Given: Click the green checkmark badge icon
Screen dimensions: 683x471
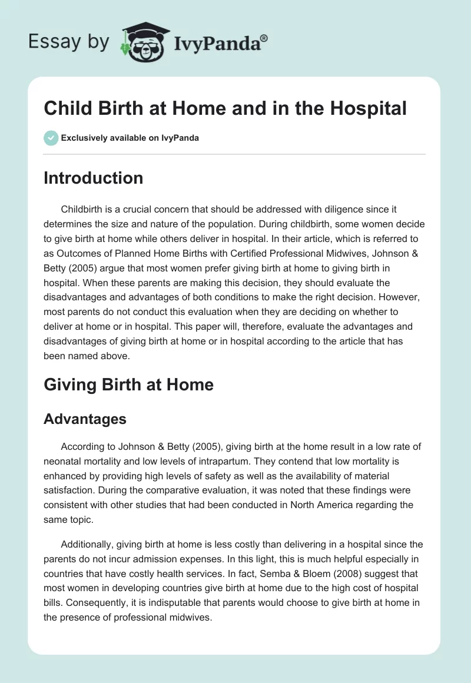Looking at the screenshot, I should coord(51,138).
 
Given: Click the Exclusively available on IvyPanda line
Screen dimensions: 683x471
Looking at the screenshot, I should coord(130,138).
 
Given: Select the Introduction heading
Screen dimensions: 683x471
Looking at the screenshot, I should coord(93,178).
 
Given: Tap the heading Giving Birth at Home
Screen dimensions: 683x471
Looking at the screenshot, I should coord(128,384).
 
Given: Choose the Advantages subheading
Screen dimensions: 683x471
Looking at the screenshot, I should coord(85,419).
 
